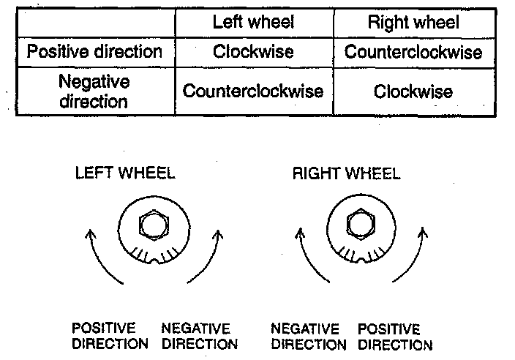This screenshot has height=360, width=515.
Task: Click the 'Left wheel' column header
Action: tap(253, 23)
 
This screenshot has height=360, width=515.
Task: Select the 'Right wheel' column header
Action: tap(413, 23)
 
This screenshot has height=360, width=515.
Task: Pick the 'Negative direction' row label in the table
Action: tap(94, 90)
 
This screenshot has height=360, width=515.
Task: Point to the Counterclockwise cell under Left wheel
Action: tap(253, 91)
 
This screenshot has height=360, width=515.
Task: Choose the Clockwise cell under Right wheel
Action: tap(413, 91)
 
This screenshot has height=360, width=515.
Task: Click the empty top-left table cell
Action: tap(94, 23)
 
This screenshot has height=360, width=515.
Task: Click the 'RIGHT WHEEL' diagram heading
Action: tap(346, 173)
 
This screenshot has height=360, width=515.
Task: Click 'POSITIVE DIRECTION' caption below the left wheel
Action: tap(110, 336)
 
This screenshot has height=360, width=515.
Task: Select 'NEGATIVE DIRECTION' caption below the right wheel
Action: tap(305, 336)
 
